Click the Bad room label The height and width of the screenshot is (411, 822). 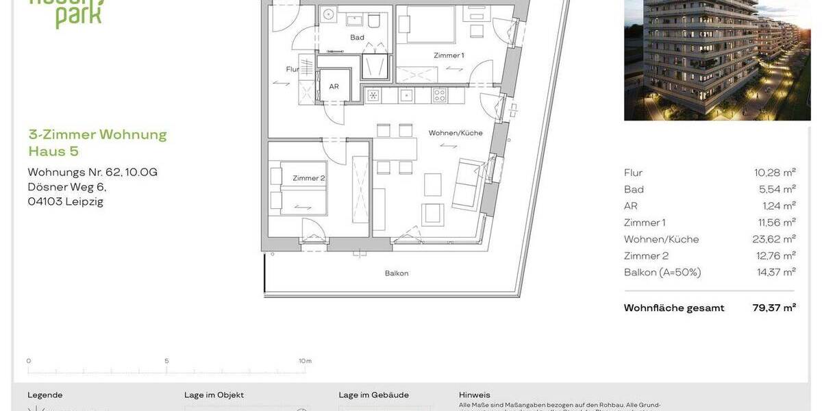point(357,38)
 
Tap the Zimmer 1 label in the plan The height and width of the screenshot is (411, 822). point(449,55)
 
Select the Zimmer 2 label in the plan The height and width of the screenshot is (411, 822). point(308,178)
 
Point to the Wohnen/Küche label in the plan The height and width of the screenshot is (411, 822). point(456,133)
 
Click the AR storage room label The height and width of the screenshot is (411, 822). point(334,87)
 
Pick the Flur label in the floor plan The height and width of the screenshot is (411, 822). point(292,69)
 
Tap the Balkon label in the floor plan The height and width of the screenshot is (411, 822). point(397,273)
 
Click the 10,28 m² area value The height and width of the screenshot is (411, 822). point(775,173)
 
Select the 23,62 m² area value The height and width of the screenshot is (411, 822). point(773,239)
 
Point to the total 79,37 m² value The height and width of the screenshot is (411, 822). point(774,308)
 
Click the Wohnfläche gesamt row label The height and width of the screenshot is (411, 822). point(674,308)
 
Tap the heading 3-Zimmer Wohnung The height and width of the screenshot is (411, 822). point(97,134)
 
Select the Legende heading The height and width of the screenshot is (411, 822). point(45,395)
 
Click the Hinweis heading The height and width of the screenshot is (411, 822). point(475,395)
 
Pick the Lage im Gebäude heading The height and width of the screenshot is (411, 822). point(373,395)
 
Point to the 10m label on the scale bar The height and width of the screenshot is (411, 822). point(305,361)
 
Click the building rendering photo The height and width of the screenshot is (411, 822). point(717,60)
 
